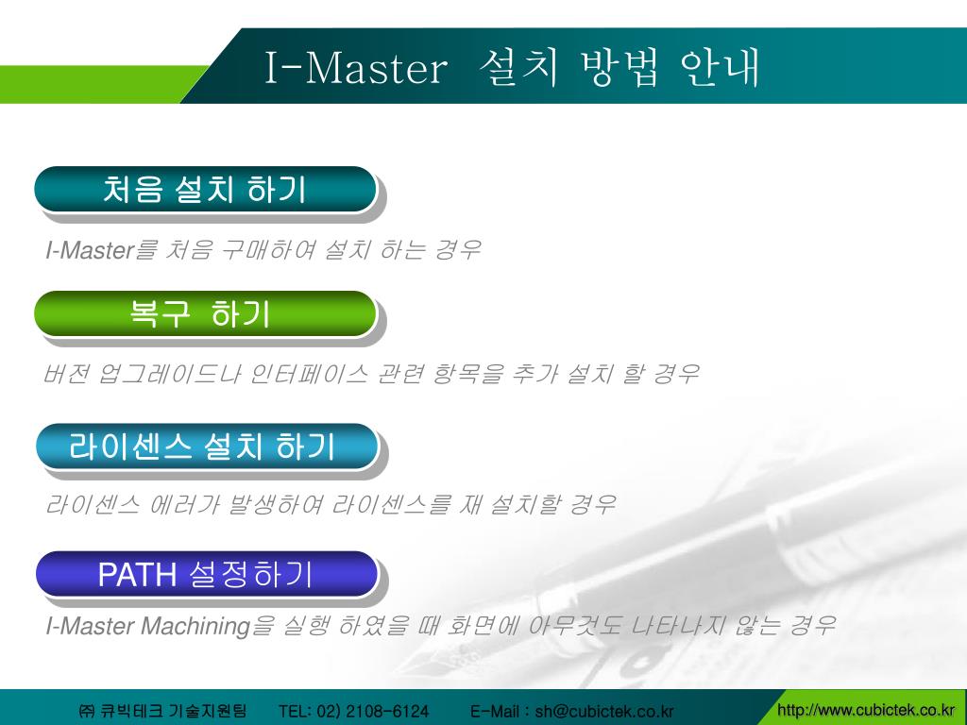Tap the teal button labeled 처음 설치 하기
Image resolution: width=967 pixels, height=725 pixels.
[x=205, y=189]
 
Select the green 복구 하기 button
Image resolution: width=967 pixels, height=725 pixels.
[x=205, y=313]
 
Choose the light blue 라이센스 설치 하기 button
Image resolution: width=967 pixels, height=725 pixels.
[x=205, y=446]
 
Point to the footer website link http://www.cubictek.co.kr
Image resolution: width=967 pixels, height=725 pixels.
[x=865, y=710]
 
